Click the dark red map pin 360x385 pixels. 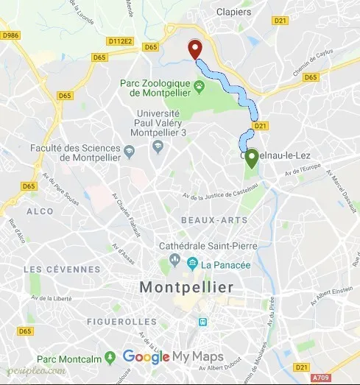point(195,49)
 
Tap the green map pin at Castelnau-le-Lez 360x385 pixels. point(252,158)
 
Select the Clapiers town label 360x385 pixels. point(235,12)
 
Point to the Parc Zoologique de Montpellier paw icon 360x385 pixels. point(199,88)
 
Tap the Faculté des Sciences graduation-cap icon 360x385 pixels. point(130,152)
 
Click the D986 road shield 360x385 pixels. point(10,35)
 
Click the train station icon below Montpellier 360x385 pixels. point(202,322)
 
